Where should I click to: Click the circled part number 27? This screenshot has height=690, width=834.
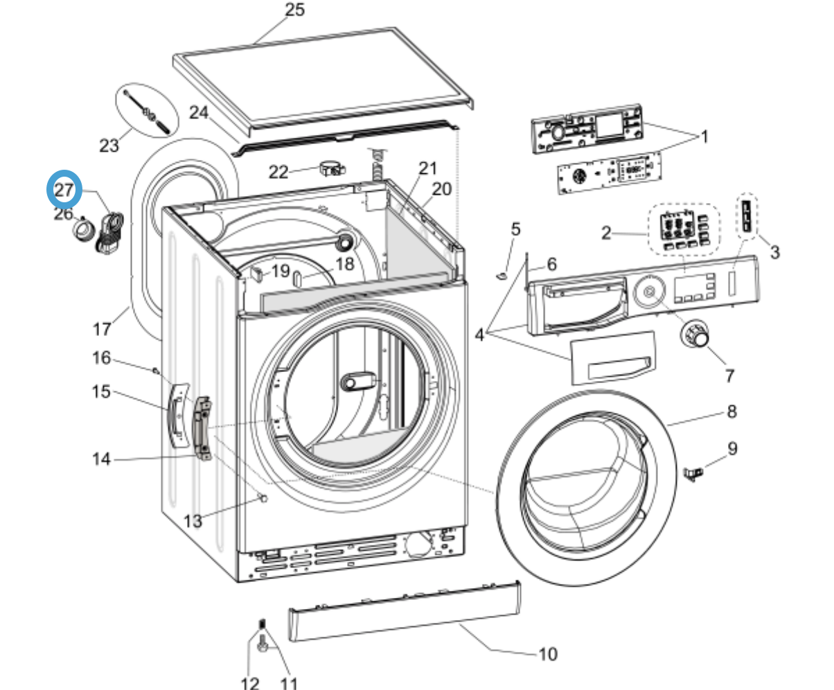click(x=64, y=191)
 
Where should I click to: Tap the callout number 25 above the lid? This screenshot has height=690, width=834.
click(x=294, y=10)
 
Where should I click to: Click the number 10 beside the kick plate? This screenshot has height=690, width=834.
click(x=547, y=653)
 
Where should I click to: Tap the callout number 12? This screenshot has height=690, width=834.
click(x=249, y=682)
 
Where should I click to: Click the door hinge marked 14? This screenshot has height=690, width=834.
click(x=202, y=427)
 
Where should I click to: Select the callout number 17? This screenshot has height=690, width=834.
click(x=102, y=328)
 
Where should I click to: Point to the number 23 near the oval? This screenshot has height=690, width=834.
click(x=109, y=145)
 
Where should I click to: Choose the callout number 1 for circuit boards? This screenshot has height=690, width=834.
click(x=704, y=137)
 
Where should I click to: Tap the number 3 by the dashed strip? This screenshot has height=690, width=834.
click(x=774, y=252)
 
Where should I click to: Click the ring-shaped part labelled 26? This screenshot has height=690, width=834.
click(x=84, y=230)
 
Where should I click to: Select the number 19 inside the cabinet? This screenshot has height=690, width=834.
click(x=280, y=270)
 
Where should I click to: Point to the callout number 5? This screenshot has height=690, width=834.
click(x=515, y=229)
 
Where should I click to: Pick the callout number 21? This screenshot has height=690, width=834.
click(x=428, y=168)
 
